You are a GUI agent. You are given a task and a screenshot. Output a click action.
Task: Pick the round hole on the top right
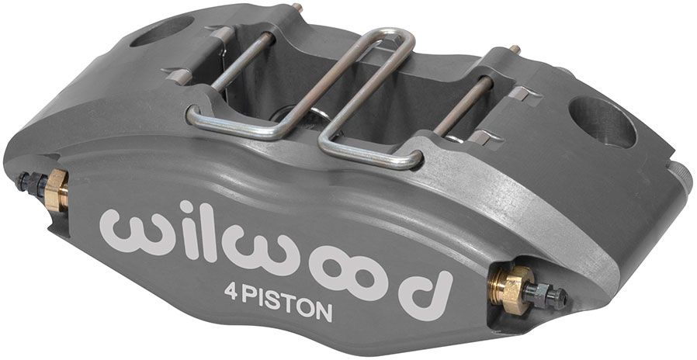[602, 121]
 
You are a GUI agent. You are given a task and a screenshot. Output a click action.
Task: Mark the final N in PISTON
[324, 312]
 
